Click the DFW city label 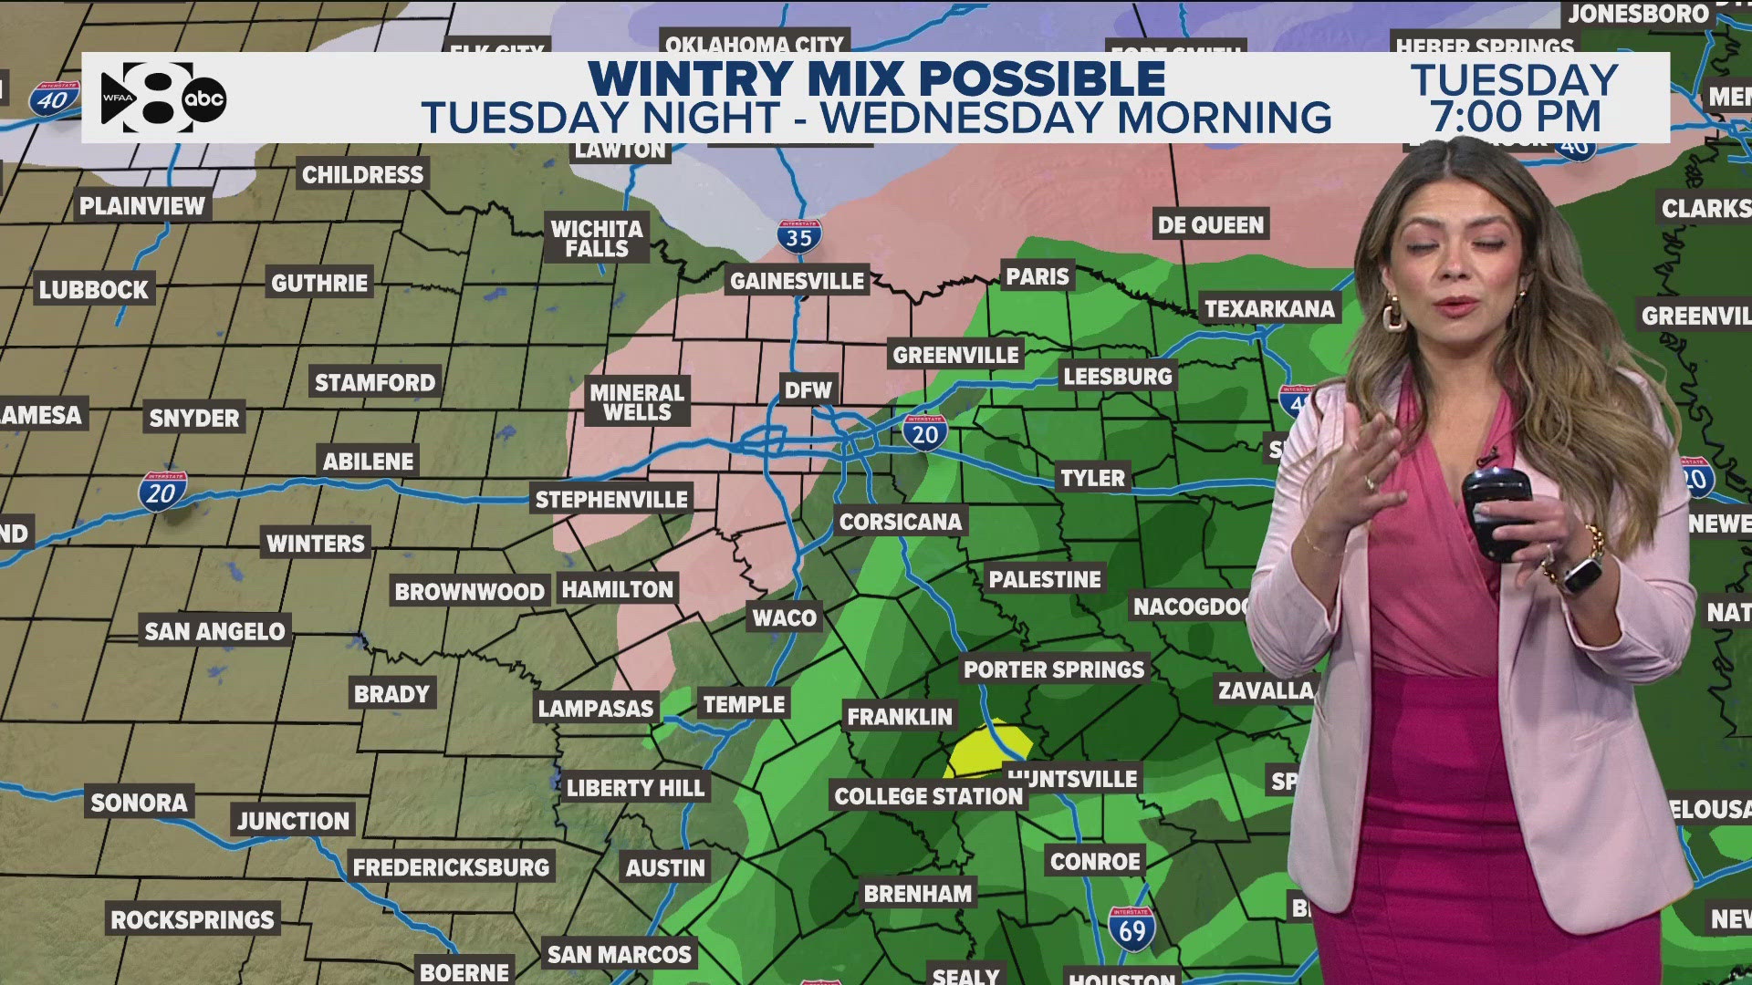click(x=808, y=390)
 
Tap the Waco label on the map click(x=784, y=617)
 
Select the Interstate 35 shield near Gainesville click(x=798, y=237)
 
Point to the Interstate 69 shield click(x=1131, y=929)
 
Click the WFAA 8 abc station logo click(x=162, y=98)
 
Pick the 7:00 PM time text click(x=1515, y=117)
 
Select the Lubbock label click(x=93, y=289)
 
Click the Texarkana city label click(x=1268, y=308)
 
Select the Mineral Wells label click(x=636, y=402)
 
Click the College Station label click(x=928, y=796)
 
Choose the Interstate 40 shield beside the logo click(x=52, y=98)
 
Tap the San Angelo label click(x=214, y=631)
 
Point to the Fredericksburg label click(x=451, y=866)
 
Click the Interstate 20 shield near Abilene click(x=162, y=493)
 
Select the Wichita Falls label click(x=596, y=238)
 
